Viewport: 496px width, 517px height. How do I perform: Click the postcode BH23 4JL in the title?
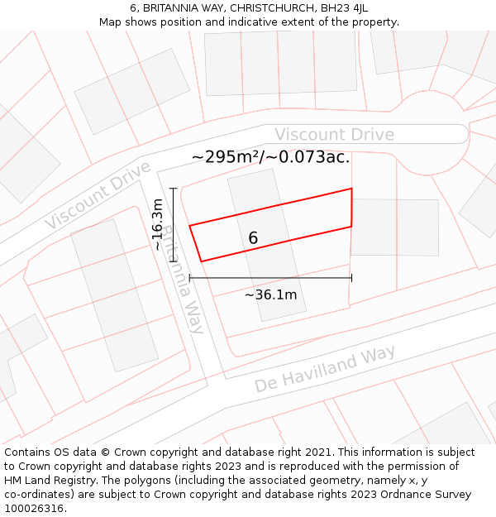[341, 8]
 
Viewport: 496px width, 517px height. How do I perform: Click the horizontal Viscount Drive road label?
[334, 135]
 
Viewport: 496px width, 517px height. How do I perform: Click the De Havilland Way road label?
[324, 370]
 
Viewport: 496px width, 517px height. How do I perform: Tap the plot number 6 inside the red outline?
[253, 238]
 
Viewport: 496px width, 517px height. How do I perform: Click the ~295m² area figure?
[226, 157]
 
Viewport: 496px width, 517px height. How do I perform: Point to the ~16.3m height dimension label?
[157, 224]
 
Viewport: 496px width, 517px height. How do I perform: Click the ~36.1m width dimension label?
[270, 294]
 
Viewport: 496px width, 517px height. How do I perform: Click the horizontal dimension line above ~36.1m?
[270, 278]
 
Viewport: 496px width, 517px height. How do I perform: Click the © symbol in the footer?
[105, 452]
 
